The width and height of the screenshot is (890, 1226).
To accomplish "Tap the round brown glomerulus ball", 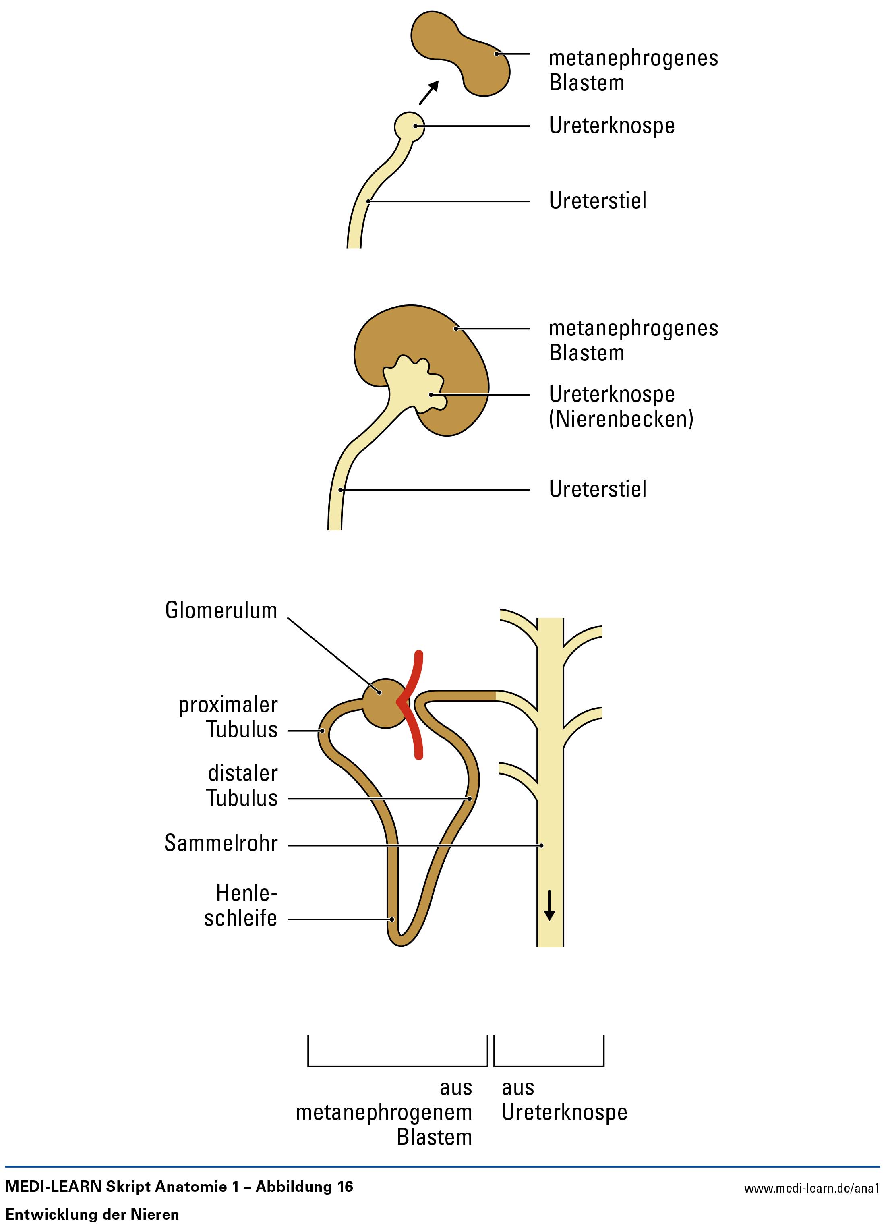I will click(381, 703).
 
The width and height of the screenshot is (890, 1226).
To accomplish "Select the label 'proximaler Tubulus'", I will click(228, 717).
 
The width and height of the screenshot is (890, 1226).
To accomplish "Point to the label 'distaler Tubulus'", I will click(242, 785).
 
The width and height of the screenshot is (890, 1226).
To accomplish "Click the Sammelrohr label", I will click(221, 843).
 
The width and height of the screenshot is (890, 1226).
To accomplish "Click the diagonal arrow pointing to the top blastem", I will click(428, 93).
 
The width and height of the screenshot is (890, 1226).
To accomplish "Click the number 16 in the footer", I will click(345, 1187).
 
